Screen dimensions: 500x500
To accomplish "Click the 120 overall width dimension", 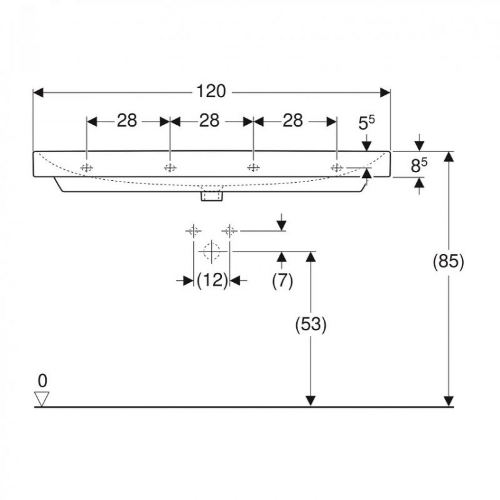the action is (211, 91).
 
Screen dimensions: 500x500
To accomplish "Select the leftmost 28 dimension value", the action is (127, 121).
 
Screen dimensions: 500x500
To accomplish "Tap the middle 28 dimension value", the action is (209, 121).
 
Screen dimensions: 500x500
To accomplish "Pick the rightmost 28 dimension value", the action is (293, 121).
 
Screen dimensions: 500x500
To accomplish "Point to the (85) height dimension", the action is (448, 262).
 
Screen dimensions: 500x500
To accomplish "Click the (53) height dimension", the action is (311, 324).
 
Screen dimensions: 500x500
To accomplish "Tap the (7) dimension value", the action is (282, 280).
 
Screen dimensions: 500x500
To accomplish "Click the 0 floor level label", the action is (43, 381).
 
